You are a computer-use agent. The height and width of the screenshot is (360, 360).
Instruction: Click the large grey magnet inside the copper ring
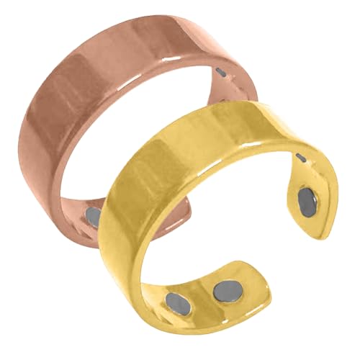coord(95,215)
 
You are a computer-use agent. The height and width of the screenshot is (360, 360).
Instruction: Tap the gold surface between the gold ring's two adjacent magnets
coord(201,296)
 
